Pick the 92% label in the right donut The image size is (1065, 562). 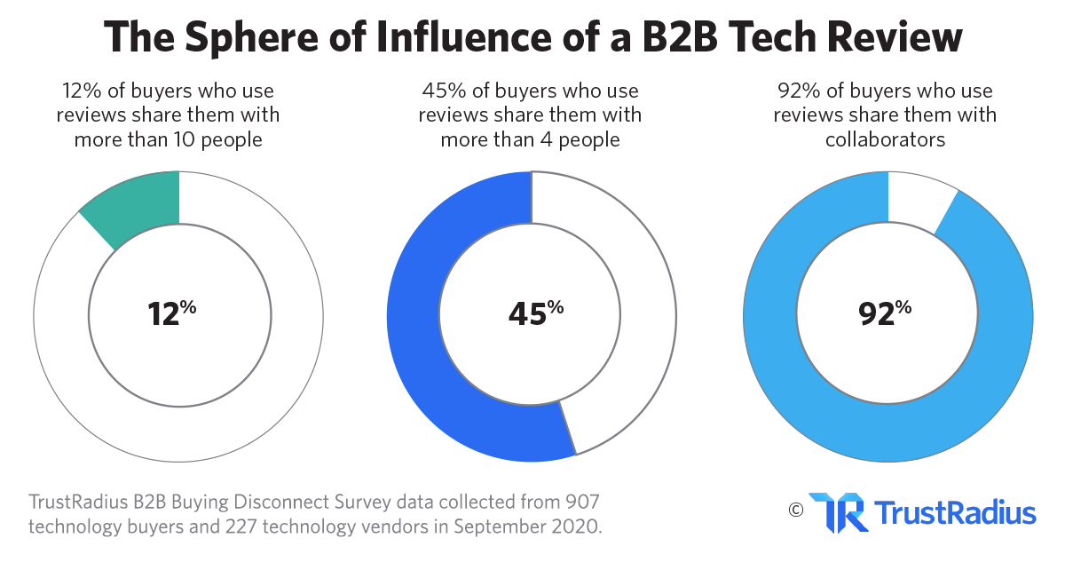(x=884, y=313)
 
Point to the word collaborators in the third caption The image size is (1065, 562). (x=885, y=140)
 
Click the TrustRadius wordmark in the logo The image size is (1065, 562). (x=955, y=513)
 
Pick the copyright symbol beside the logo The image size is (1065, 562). (x=794, y=510)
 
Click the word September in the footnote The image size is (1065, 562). (x=496, y=526)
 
